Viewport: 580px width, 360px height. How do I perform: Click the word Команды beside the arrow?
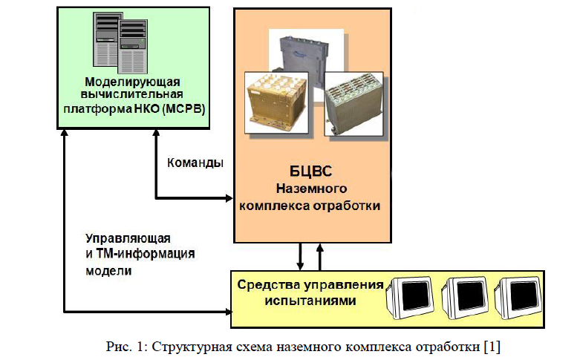[x=192, y=162]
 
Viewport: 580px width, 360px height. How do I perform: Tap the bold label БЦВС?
[x=311, y=171]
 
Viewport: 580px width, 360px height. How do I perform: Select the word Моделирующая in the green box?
[x=133, y=81]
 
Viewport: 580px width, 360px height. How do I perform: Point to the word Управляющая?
[x=128, y=238]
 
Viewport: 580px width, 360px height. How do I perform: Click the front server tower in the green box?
[x=131, y=44]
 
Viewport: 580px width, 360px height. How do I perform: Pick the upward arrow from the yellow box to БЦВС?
[x=321, y=256]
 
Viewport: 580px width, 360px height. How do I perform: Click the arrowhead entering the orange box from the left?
[x=229, y=198]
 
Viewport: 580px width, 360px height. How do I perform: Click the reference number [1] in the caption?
[x=489, y=347]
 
